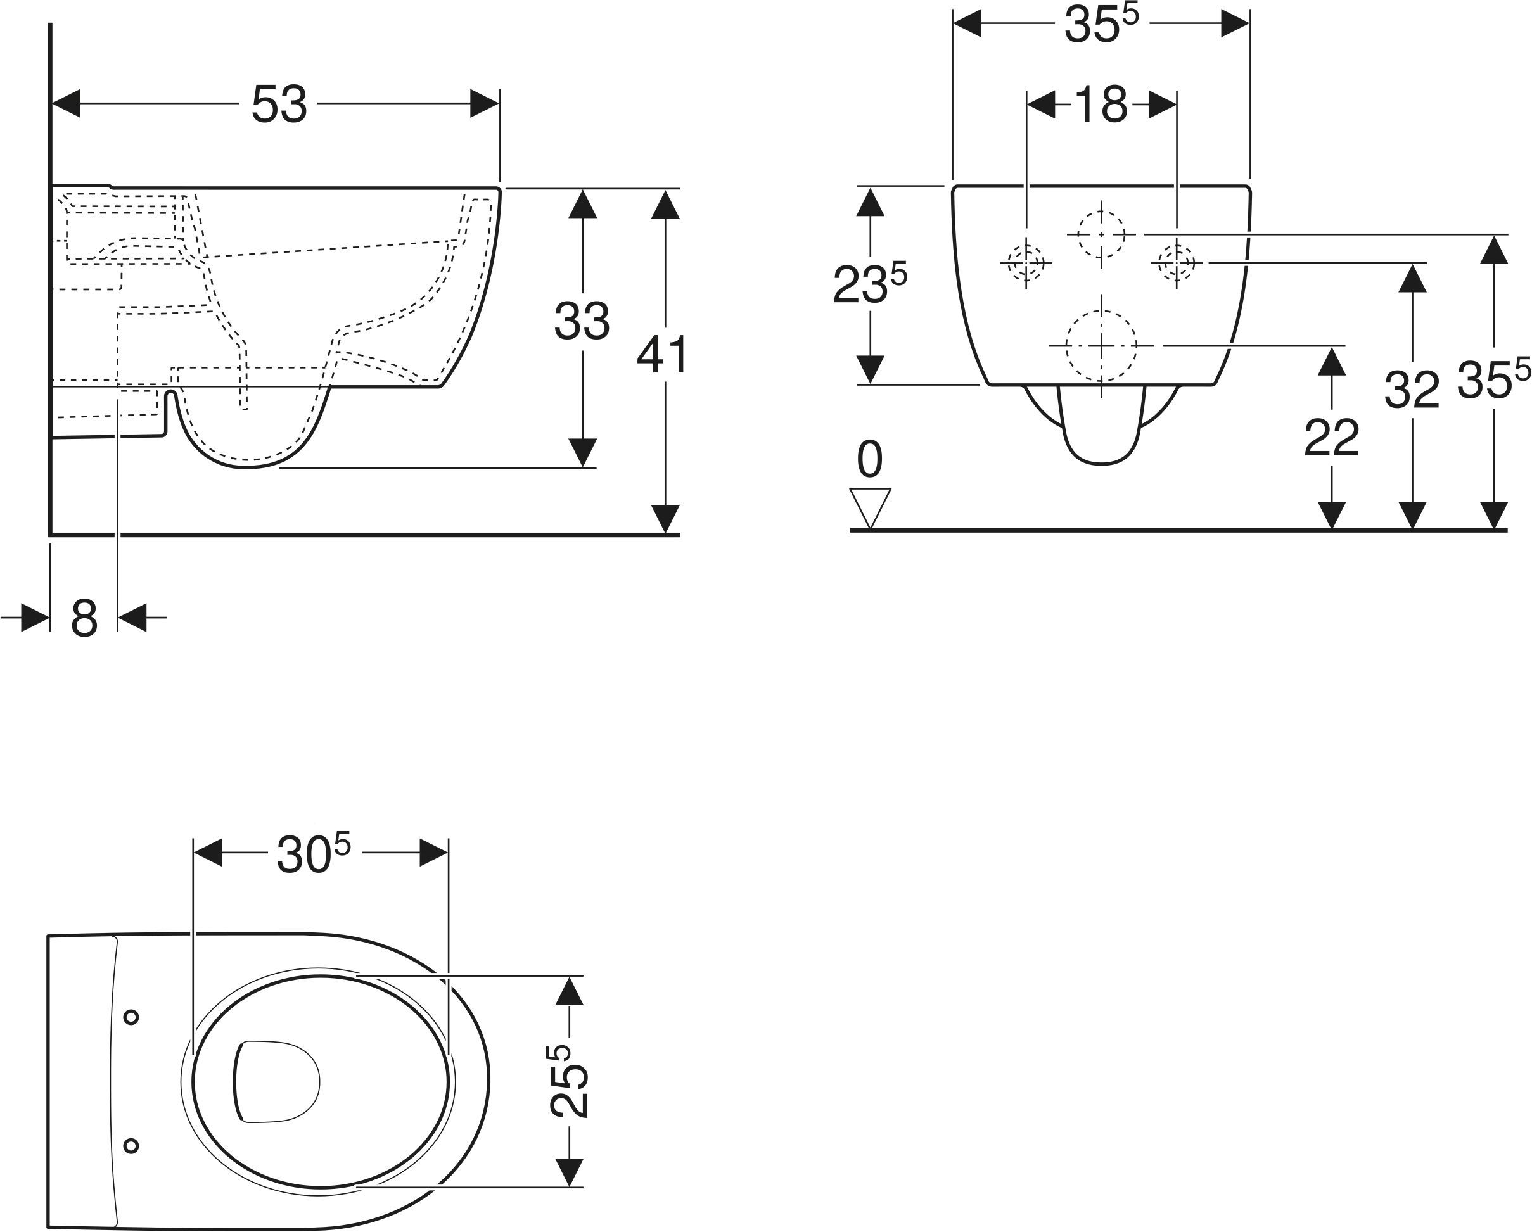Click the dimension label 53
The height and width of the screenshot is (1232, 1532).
pos(279,105)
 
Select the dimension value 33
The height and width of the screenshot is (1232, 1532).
pos(582,321)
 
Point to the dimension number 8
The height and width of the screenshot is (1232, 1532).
pos(84,618)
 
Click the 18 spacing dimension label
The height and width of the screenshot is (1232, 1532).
pos(1101,105)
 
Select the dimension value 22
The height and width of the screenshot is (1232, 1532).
pos(1332,438)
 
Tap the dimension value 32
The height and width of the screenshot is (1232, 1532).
pos(1411,390)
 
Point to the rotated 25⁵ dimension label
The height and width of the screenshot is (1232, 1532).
pos(569,1081)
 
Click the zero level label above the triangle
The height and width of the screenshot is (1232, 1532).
pos(870,459)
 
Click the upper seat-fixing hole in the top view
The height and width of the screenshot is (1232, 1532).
pos(131,1017)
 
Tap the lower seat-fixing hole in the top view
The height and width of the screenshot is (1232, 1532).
pos(131,1145)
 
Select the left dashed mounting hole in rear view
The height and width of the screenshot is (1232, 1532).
pos(1026,263)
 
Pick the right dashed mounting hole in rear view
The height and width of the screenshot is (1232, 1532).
pos(1177,263)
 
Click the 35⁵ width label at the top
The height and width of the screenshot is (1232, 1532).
pos(1101,23)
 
